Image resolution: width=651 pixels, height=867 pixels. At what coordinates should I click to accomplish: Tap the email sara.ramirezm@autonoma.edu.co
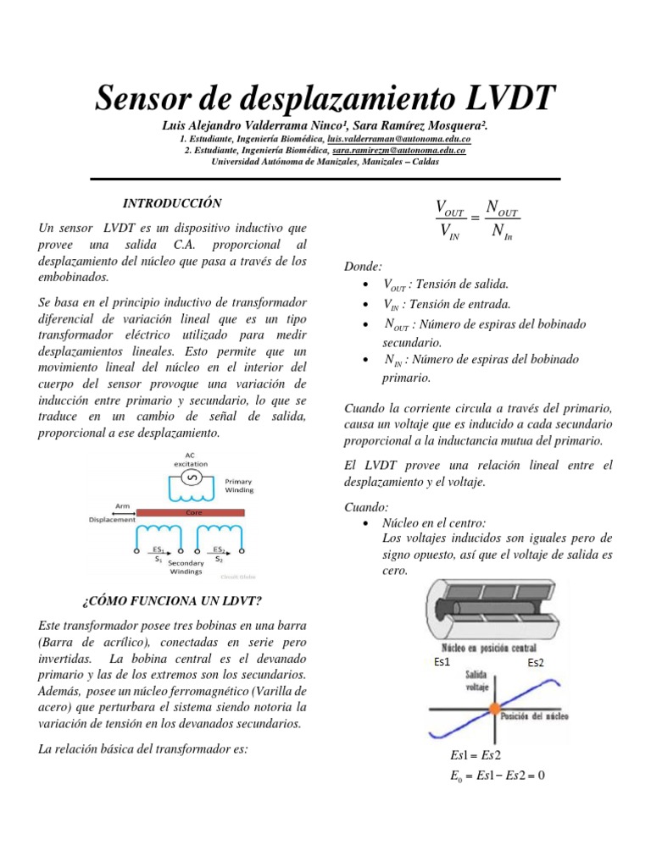pos(398,150)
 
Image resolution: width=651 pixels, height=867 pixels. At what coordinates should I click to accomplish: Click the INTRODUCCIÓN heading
pos(172,204)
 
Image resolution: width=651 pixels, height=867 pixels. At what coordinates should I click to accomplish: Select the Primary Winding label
pos(238,485)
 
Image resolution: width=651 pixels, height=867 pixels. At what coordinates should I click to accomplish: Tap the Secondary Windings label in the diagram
pos(185,566)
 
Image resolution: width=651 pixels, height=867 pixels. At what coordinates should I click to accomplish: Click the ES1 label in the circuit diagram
pos(158,549)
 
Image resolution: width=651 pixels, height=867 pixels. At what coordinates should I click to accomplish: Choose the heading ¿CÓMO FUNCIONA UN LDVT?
pos(171,601)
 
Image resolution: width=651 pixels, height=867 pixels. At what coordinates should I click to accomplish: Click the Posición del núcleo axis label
pos(534,715)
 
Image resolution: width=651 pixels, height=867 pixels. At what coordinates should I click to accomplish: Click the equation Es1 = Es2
pos(476,755)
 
